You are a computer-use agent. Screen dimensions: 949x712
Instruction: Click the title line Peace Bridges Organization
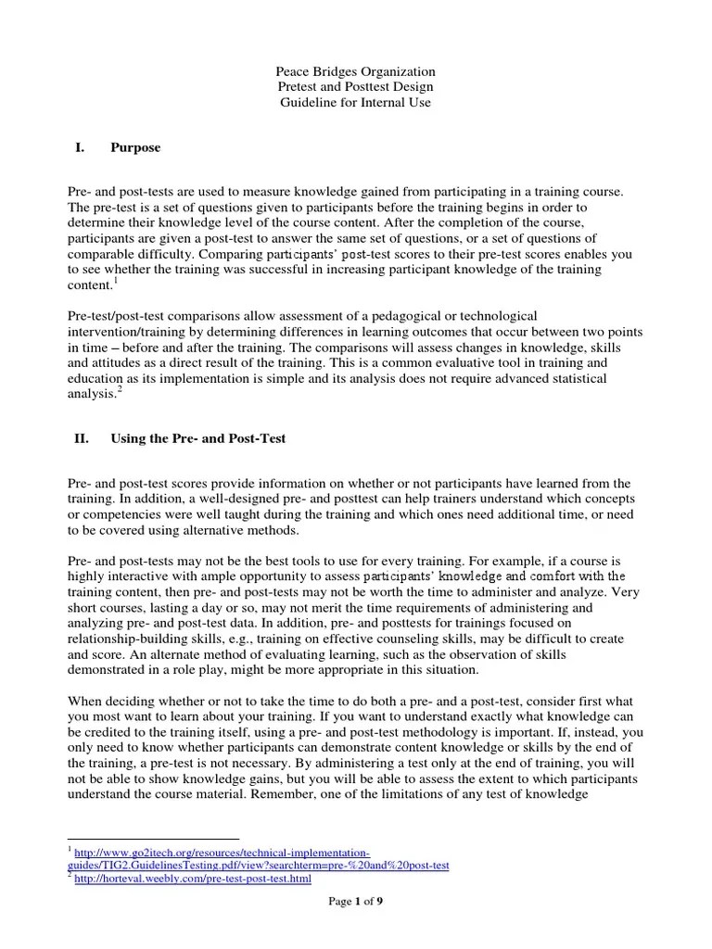[x=356, y=71]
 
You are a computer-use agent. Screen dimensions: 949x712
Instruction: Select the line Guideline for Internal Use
[x=356, y=103]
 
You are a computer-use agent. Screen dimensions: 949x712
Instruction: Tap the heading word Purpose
[x=135, y=147]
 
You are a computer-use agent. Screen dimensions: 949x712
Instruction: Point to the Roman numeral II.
[x=82, y=438]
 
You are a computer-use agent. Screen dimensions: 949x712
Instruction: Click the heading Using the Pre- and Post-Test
[x=197, y=438]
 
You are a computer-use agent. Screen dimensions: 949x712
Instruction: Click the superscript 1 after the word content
[x=116, y=281]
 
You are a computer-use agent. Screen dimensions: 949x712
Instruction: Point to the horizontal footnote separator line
[x=153, y=838]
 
